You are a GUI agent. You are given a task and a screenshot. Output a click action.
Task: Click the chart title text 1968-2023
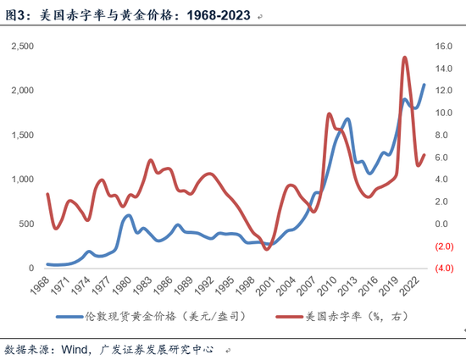click(x=219, y=15)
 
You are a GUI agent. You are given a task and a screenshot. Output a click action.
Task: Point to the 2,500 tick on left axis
click(x=23, y=46)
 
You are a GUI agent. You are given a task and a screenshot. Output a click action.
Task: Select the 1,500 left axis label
click(x=23, y=135)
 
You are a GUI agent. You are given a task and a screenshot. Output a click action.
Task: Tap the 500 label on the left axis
click(x=26, y=224)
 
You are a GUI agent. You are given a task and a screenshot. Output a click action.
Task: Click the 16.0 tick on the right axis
click(x=444, y=46)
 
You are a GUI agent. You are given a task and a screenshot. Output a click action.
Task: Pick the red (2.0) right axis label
click(x=444, y=246)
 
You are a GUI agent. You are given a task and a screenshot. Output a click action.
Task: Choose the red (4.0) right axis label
click(x=444, y=269)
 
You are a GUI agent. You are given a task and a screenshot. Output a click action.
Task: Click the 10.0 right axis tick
click(x=444, y=113)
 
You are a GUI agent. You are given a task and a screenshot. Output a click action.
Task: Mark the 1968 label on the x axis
click(x=40, y=285)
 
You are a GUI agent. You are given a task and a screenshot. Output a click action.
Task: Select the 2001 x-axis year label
click(x=266, y=286)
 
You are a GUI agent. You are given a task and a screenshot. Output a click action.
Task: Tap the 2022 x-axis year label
click(x=409, y=286)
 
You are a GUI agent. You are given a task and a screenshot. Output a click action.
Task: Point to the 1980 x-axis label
click(x=122, y=286)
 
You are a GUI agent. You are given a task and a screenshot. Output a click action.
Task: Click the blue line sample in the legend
click(x=69, y=317)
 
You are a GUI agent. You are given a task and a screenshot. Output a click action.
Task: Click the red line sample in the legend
click(x=290, y=317)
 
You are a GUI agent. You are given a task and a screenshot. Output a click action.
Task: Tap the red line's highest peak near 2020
click(x=404, y=57)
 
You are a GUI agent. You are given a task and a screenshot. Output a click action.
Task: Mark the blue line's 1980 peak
click(x=129, y=215)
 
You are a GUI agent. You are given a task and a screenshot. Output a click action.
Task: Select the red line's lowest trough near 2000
click(x=267, y=249)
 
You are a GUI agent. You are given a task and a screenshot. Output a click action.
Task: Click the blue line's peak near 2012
click(x=347, y=119)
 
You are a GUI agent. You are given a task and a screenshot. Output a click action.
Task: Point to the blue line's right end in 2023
click(x=424, y=85)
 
